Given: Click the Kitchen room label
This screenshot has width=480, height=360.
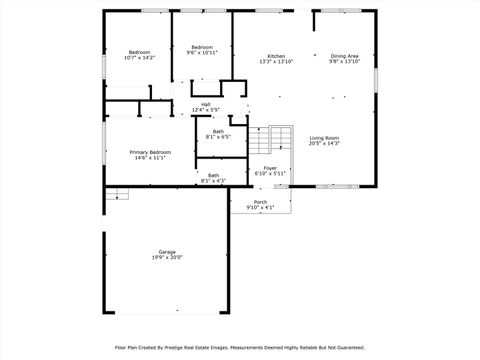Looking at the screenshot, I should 276,56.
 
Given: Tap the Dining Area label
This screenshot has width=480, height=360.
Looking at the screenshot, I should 345,56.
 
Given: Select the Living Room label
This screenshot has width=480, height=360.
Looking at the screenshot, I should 324,138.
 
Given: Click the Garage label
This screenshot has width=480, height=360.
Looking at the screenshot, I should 167,251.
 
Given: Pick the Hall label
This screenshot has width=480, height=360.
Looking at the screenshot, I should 205,104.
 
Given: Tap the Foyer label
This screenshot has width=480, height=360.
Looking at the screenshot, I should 270,168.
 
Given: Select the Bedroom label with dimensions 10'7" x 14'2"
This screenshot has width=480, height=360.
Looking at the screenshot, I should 139,52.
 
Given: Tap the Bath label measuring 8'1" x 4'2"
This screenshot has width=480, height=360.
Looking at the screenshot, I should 213,175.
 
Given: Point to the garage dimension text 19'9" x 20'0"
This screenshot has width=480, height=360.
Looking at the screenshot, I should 167,257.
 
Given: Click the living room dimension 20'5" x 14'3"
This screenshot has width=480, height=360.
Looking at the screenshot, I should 324,144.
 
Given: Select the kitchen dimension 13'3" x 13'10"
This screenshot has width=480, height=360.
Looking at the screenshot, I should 276,62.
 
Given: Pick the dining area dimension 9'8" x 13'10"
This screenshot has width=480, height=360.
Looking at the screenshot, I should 345,62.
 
